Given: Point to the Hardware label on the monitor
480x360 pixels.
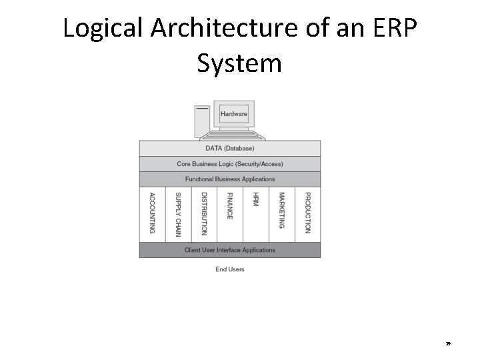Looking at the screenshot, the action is pos(233,114).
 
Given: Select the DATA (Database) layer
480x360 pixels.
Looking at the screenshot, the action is pos(229,148).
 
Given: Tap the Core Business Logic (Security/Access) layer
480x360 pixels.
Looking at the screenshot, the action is pos(229,164).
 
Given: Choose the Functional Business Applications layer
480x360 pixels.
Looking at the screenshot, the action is pos(229,179).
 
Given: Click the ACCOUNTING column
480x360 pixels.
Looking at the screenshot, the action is pos(152,213).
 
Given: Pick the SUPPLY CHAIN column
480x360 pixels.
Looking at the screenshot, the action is pos(178,213).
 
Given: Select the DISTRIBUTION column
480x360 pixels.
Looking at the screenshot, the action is pos(204,213).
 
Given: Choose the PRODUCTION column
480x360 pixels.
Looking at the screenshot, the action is pos(307,213).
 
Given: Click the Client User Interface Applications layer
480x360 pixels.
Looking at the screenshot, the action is pos(229,250).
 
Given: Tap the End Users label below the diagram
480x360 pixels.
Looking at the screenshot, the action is pos(230,269).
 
